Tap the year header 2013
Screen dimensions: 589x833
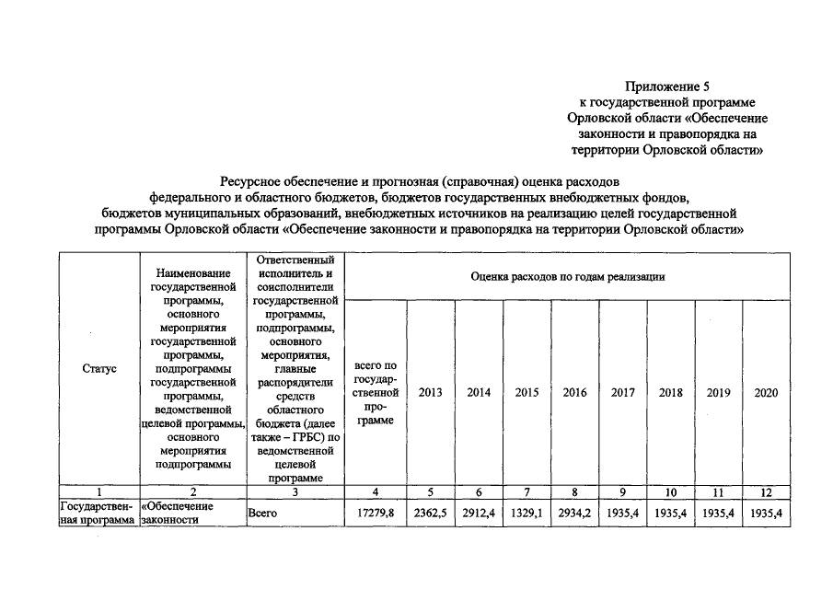click(430, 393)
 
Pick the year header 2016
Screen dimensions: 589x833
click(574, 393)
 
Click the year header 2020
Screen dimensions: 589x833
click(766, 393)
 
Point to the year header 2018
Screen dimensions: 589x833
click(671, 393)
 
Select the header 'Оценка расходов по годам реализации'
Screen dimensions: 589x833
click(567, 276)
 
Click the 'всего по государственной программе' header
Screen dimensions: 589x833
click(375, 393)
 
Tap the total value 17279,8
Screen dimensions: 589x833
click(375, 514)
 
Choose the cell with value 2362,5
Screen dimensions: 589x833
click(430, 514)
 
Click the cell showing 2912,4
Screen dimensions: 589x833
click(479, 514)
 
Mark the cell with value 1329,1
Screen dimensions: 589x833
click(526, 514)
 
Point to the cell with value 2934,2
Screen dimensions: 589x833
click(574, 514)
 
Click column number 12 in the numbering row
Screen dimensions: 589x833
click(766, 491)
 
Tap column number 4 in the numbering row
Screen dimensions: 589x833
click(375, 491)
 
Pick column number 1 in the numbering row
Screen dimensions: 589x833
click(98, 491)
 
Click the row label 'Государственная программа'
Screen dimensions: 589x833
click(97, 514)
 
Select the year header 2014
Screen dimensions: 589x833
click(479, 393)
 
